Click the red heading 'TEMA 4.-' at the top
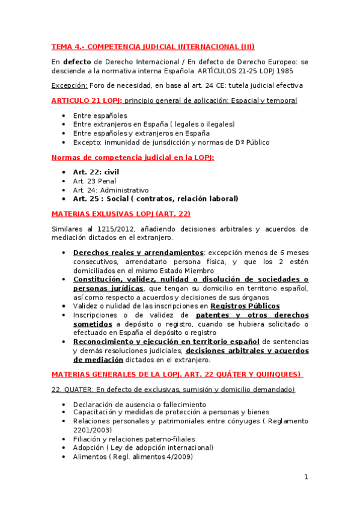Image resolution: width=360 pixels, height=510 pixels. tap(68, 46)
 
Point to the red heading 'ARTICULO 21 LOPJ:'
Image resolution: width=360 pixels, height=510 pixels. tap(87, 100)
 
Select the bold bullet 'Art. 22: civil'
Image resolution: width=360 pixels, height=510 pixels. tap(96, 172)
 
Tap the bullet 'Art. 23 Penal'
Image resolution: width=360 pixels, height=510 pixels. tap(94, 181)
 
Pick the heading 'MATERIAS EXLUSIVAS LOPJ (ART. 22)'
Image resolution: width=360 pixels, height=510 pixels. tap(121, 214)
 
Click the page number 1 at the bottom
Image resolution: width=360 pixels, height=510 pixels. tap(306, 477)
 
